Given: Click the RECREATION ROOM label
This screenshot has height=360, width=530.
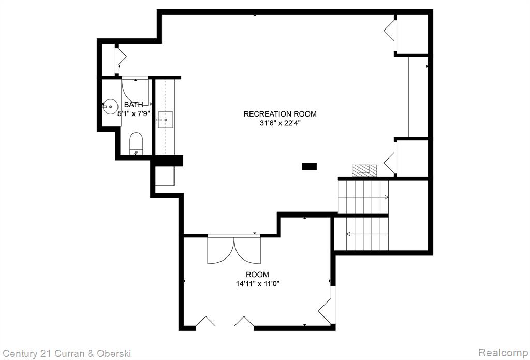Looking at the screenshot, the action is click(x=280, y=113).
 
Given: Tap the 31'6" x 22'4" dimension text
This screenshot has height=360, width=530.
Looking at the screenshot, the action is click(x=280, y=123).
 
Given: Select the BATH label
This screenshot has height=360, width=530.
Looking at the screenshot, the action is click(x=134, y=105).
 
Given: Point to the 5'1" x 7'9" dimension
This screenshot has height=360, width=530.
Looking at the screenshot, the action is click(x=133, y=114).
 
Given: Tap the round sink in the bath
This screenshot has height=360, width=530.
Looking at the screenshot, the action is click(x=110, y=107).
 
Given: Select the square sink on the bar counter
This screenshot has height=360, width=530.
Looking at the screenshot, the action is click(x=165, y=120).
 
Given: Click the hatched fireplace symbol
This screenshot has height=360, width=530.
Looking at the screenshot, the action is click(x=364, y=170).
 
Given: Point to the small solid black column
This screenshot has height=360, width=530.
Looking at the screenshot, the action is click(x=310, y=166).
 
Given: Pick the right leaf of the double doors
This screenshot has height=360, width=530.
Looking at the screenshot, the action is click(x=247, y=250).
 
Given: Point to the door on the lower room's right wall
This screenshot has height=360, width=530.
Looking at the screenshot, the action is click(x=325, y=311).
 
